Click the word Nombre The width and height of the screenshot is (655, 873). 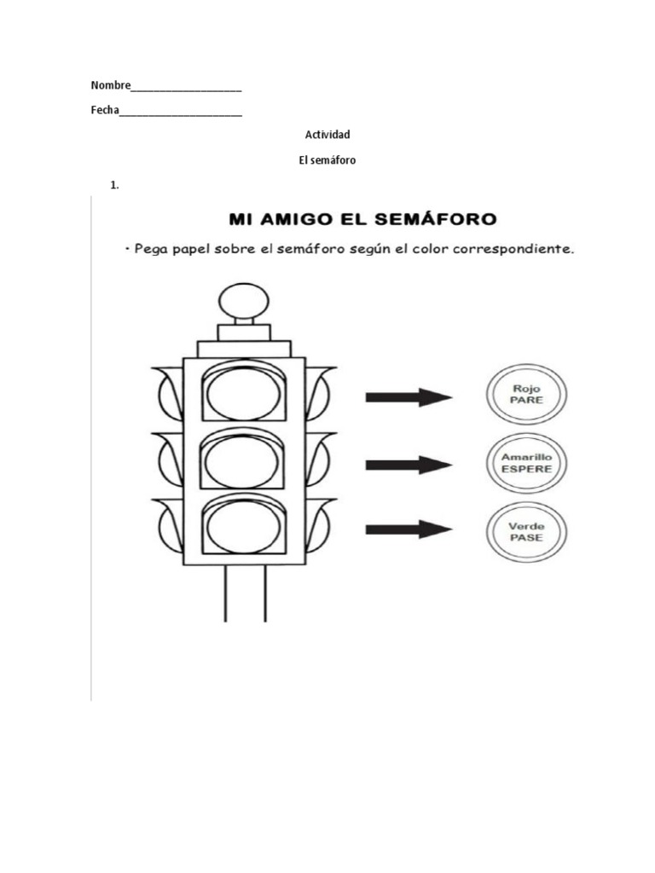pyautogui.click(x=111, y=85)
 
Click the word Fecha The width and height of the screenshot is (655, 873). pyautogui.click(x=105, y=111)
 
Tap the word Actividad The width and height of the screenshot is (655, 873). pyautogui.click(x=327, y=135)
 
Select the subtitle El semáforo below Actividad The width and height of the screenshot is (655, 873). pyautogui.click(x=327, y=159)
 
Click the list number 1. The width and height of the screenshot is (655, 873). pyautogui.click(x=113, y=184)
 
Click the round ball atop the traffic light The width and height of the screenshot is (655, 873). pyautogui.click(x=242, y=301)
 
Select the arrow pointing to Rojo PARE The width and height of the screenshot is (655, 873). pyautogui.click(x=409, y=396)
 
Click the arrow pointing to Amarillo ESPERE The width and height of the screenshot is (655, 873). pyautogui.click(x=409, y=464)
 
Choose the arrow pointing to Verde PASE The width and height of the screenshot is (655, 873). pyautogui.click(x=409, y=529)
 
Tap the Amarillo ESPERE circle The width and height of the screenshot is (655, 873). pyautogui.click(x=526, y=463)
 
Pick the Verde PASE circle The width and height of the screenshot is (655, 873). pyautogui.click(x=526, y=532)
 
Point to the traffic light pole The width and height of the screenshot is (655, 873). pyautogui.click(x=246, y=594)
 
